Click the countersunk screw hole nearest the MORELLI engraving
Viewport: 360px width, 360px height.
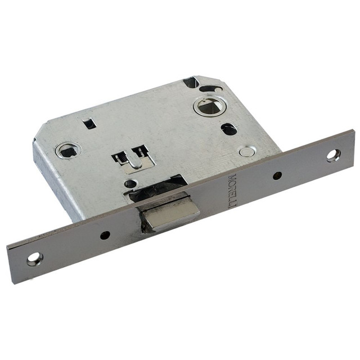click(x=334, y=155)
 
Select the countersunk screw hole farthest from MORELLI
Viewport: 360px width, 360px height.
click(x=35, y=259)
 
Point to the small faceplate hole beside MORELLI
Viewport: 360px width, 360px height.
click(x=277, y=175)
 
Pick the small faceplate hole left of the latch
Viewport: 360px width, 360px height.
click(x=105, y=235)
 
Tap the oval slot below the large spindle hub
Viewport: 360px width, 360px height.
click(x=229, y=129)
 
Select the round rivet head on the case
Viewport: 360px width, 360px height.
click(x=245, y=151)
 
